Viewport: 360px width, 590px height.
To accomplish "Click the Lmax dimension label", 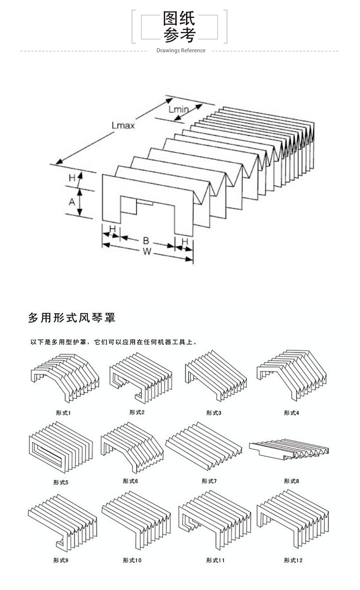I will coord(123,126).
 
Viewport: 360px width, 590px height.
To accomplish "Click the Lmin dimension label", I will coord(179,110).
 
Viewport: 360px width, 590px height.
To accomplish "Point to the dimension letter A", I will coord(72,202).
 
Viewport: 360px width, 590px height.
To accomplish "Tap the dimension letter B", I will coord(146,239).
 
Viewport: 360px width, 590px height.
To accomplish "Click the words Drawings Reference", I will coord(180,50).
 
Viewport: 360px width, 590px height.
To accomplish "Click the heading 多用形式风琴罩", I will coord(72,318).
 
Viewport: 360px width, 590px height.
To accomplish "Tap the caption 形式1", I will coord(63,413).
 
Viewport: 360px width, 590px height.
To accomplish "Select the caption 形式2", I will coord(137,412).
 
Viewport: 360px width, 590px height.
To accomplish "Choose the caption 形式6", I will coord(130,481).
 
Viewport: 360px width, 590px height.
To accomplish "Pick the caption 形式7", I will coord(209,481).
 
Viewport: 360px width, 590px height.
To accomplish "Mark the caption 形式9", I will coord(61,560).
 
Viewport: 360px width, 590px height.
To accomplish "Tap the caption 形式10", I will coord(132,560).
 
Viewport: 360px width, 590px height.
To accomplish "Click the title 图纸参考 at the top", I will coord(180,27).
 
